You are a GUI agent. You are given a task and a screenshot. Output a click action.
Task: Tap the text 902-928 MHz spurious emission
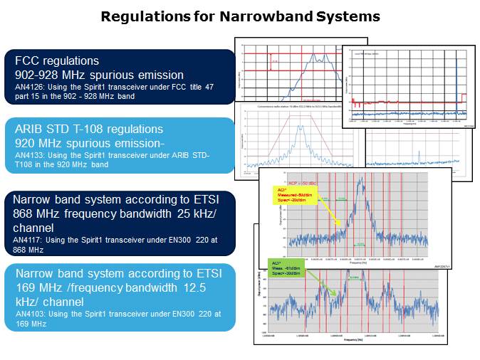pos(100,75)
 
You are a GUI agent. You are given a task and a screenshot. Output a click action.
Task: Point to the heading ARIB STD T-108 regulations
pos(89,129)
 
